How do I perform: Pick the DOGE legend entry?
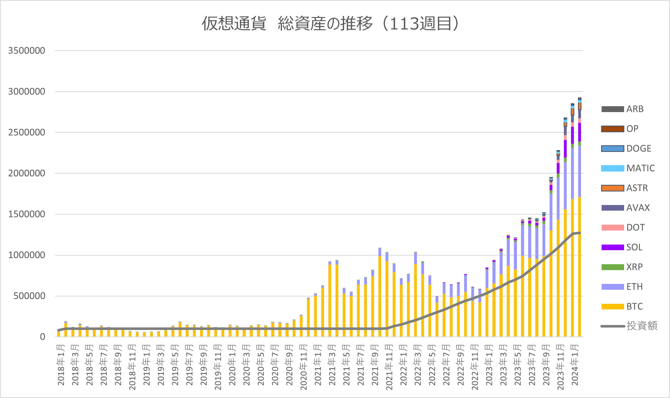(x=626, y=149)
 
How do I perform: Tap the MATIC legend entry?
(x=628, y=168)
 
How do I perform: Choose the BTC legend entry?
(x=622, y=307)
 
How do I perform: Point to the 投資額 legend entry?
(x=629, y=326)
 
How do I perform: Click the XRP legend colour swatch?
(x=613, y=267)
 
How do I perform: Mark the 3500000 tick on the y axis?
(x=27, y=51)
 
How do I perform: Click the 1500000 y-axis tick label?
(x=27, y=214)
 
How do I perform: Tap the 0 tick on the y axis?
(x=43, y=337)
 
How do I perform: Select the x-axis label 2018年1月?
(x=61, y=365)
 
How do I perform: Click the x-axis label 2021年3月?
(x=332, y=365)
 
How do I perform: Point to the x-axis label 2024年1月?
(x=575, y=365)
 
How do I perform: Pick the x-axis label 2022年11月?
(x=475, y=367)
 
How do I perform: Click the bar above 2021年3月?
(x=330, y=299)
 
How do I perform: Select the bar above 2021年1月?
(x=315, y=315)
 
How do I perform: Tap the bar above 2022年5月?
(x=430, y=306)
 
